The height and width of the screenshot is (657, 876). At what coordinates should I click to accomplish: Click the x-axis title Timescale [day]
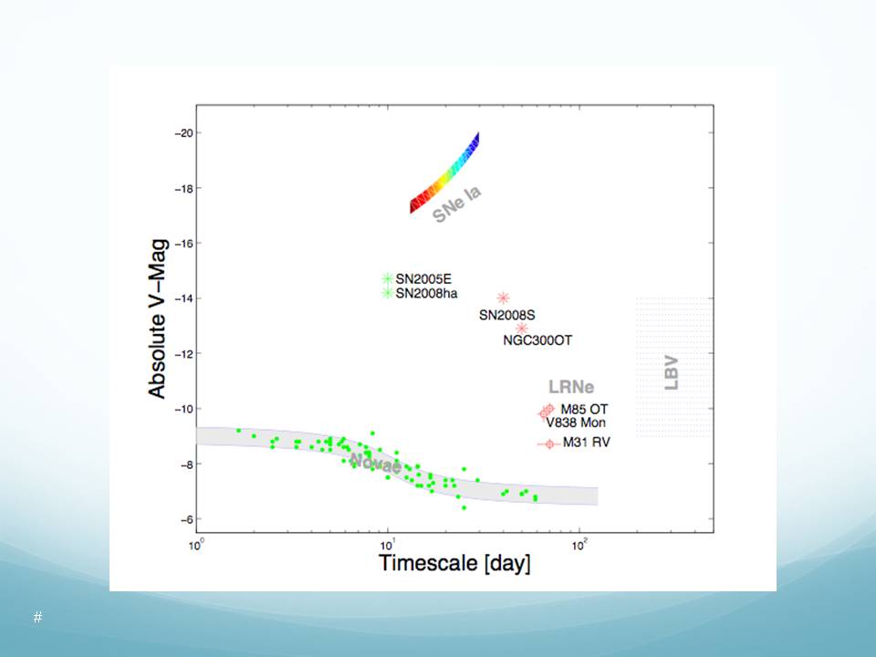pos(454,563)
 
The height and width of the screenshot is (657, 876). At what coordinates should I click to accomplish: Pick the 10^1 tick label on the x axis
pos(388,545)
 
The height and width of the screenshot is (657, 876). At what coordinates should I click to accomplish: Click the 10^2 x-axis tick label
pos(579,545)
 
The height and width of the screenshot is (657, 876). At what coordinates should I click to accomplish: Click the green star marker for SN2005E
pos(387,278)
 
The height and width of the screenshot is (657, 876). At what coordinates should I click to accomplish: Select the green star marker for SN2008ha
pos(387,293)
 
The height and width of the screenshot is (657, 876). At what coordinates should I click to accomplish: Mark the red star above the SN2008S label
pos(503,297)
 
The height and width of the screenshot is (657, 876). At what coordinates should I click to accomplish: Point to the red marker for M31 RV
pos(547,443)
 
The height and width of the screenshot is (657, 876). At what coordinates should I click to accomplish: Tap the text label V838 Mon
pos(576,422)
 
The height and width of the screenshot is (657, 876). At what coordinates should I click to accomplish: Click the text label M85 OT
pos(584,409)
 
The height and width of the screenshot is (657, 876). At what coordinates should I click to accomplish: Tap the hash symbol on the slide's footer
pos(37,618)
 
